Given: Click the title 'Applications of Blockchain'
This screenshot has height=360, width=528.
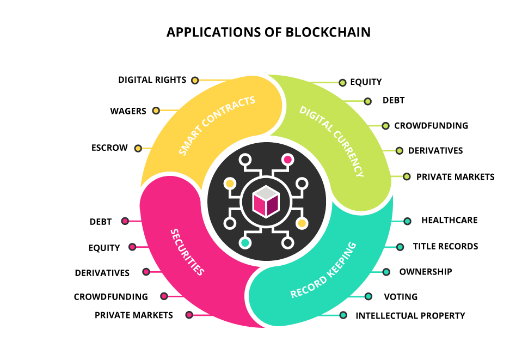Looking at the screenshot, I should pos(268,32).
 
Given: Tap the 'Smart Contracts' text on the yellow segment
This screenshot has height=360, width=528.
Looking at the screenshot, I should pos(217,126).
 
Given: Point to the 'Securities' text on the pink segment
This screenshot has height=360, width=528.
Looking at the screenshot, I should pos(187,252).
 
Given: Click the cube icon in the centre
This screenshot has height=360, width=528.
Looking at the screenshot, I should pos(266,202).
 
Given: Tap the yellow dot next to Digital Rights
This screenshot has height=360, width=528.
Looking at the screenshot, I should pos(195,80).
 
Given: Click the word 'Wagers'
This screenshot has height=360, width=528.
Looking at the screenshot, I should pos(128,111).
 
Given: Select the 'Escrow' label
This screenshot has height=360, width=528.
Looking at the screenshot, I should pos(109,148).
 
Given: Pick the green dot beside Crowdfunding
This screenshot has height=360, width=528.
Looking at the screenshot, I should pos(385,126).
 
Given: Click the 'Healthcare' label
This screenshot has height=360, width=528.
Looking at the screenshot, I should pos(449,221).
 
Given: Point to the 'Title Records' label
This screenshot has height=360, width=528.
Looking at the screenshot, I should pos(445,246).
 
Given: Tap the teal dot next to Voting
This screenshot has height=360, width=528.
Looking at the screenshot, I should pos(369,297).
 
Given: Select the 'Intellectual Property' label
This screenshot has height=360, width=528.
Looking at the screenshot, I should pos(410,315).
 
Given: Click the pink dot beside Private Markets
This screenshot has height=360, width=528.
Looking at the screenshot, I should pos(189,315).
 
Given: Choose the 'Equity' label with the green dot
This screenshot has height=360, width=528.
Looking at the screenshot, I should pos(366,82).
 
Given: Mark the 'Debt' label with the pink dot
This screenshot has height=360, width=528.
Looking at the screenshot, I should pos(101,222).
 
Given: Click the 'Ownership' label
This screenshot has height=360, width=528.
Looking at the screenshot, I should pos(426,272).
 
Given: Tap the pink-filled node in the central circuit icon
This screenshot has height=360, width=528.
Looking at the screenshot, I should pos(287,160).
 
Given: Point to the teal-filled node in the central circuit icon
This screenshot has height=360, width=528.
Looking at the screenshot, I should pos(245,243).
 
